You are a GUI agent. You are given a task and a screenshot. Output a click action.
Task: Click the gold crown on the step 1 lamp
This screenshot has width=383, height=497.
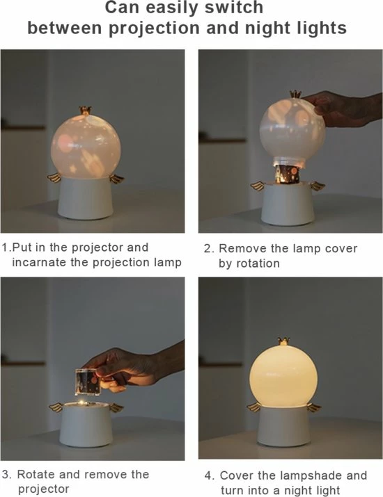tap(85, 111)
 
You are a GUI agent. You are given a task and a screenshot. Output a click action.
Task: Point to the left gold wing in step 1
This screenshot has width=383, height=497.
tap(54, 177)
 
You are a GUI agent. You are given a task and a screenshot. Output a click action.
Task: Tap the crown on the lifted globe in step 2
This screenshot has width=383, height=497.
tap(296, 94)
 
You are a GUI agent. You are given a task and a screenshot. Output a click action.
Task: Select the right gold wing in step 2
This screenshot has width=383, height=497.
tap(318, 186)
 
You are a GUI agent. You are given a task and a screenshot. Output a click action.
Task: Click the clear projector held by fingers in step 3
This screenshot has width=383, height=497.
tap(88, 382)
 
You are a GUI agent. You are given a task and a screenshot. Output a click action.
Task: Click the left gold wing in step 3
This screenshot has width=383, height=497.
tap(57, 407)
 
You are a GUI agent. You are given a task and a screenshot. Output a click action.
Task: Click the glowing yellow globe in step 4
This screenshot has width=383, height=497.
tap(283, 375)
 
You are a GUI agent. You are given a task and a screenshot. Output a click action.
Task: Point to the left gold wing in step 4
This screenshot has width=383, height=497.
tap(254, 407)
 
